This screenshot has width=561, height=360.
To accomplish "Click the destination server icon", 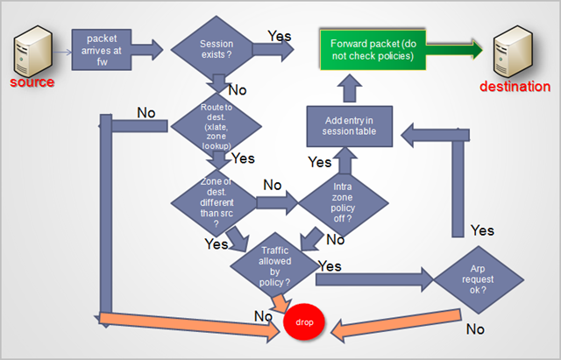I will click(516, 51).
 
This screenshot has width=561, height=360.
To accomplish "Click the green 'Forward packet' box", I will click(373, 50).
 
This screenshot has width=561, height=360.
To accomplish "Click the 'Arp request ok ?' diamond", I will click(478, 279).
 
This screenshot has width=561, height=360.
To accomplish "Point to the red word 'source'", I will click(32, 82).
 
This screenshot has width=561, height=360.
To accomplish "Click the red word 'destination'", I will click(515, 86).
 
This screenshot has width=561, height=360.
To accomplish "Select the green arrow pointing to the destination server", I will click(456, 50).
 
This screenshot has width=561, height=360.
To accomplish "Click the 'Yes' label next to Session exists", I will click(280, 36).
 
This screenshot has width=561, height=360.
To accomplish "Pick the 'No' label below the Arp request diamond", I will click(475, 329).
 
